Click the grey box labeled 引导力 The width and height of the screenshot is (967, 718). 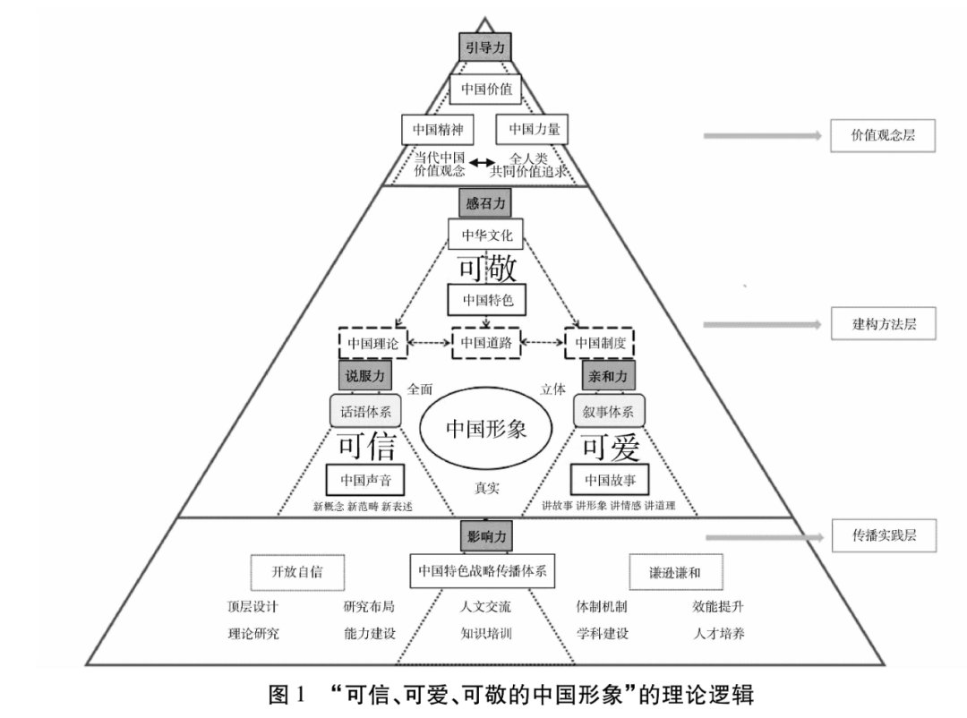tap(483, 48)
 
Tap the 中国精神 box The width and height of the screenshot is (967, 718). tap(437, 130)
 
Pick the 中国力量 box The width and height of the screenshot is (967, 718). tap(534, 130)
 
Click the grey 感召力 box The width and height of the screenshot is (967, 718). tap(485, 203)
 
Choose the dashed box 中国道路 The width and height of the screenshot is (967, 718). tap(485, 343)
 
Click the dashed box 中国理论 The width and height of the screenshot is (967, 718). tap(372, 343)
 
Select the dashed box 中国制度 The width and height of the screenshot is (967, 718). tap(599, 343)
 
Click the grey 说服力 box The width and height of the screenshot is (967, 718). tap(362, 377)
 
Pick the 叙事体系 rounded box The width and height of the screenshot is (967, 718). tap(609, 412)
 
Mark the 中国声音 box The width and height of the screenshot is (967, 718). tap(364, 480)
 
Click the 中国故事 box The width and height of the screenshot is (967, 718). tap(610, 480)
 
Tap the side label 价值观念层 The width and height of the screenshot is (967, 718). tap(883, 135)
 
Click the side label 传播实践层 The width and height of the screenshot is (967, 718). tap(883, 536)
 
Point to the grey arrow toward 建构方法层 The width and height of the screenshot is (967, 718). tap(761, 325)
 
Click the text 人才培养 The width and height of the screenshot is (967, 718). tap(718, 633)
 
